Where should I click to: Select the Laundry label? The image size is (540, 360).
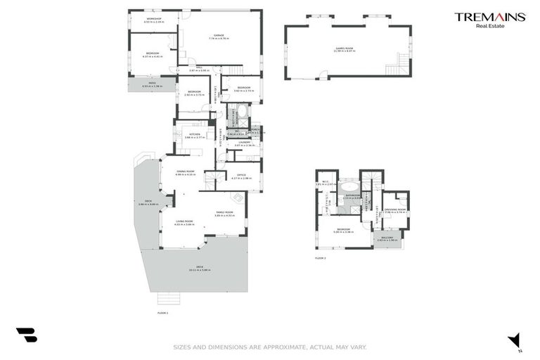click(x=244, y=143)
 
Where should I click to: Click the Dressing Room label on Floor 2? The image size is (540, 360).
click(x=397, y=210)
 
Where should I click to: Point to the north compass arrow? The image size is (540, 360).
click(x=515, y=340)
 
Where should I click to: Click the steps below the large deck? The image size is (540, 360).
click(x=166, y=297)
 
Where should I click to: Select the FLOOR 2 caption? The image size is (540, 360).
click(x=321, y=259)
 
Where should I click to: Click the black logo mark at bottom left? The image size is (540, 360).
click(x=26, y=335)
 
